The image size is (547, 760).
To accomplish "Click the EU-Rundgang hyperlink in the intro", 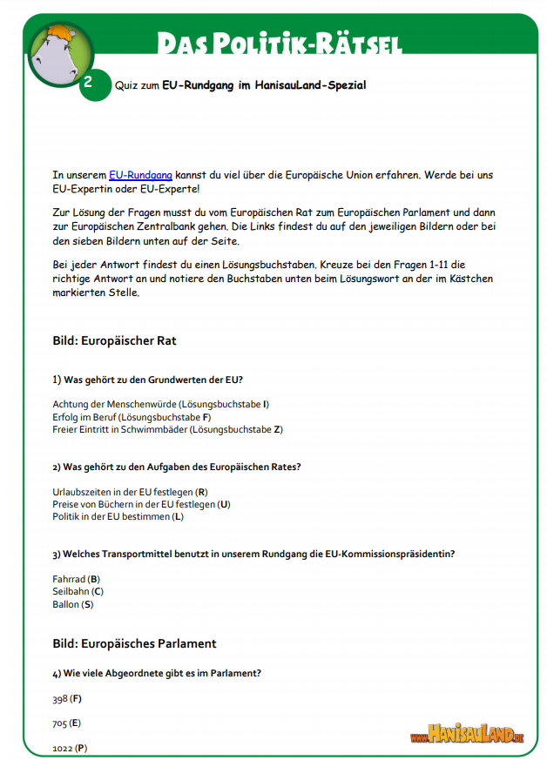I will click(x=140, y=175).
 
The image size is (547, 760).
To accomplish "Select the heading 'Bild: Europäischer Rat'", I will click(x=114, y=340).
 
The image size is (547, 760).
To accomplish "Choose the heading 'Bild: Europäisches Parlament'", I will click(x=134, y=643).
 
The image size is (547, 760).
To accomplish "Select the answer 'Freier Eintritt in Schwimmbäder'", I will click(x=119, y=429).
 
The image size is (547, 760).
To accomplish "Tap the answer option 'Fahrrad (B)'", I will click(x=76, y=579).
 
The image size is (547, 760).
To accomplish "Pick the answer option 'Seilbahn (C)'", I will click(x=78, y=591).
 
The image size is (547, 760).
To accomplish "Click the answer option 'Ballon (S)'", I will click(x=72, y=603).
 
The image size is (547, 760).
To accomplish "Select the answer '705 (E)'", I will click(x=66, y=723).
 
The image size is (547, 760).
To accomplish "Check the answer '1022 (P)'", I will click(x=70, y=748).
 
